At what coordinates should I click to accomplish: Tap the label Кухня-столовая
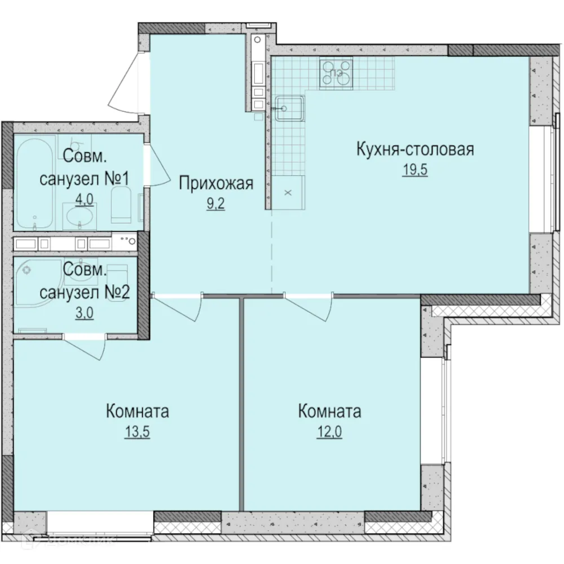click(415, 150)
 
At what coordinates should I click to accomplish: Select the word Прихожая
click(216, 183)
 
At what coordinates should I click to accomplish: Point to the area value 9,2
click(216, 204)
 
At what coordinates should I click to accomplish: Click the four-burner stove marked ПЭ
click(336, 73)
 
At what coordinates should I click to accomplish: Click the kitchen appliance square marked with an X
click(288, 192)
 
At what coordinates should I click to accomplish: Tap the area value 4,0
click(84, 200)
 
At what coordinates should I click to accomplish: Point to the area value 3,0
click(84, 313)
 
